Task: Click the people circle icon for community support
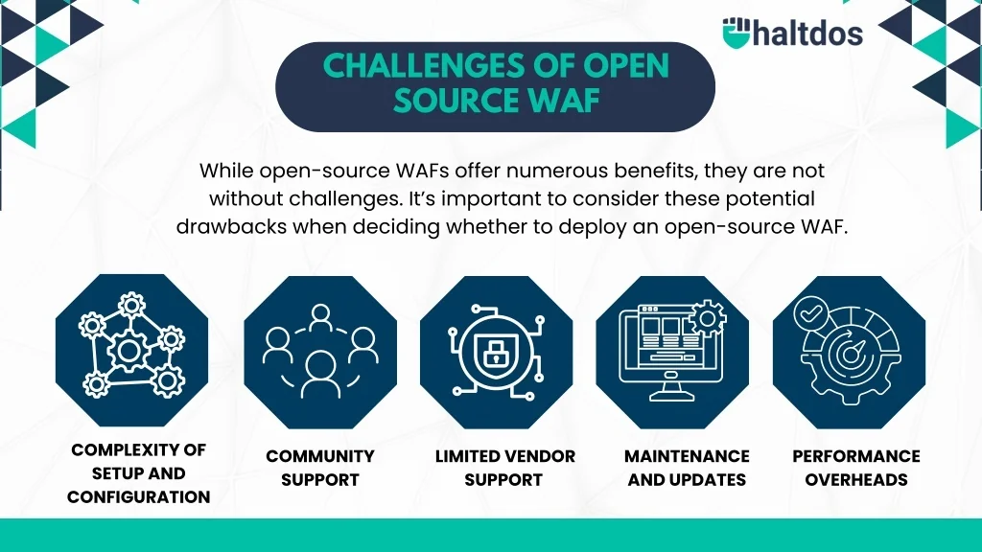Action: pos(320,351)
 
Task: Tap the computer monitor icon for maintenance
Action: pos(666,351)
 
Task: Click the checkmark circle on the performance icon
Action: pos(810,311)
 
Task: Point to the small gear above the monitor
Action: pos(710,314)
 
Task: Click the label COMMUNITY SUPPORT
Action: pos(320,468)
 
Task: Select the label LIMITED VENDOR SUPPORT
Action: pos(504,468)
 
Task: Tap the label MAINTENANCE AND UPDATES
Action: pos(687,468)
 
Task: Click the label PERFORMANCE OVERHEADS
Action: pos(855,468)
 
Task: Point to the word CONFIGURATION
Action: pos(138,496)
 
